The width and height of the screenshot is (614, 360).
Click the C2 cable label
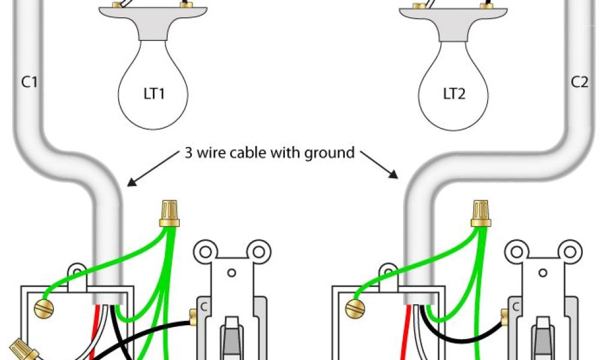579,83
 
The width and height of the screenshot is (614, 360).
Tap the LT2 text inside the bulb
455,94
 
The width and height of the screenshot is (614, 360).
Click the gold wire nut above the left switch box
170,214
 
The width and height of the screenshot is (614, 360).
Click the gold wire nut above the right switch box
480,214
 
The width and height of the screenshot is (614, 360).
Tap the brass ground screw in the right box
355,308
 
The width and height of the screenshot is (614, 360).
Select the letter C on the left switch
203,305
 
